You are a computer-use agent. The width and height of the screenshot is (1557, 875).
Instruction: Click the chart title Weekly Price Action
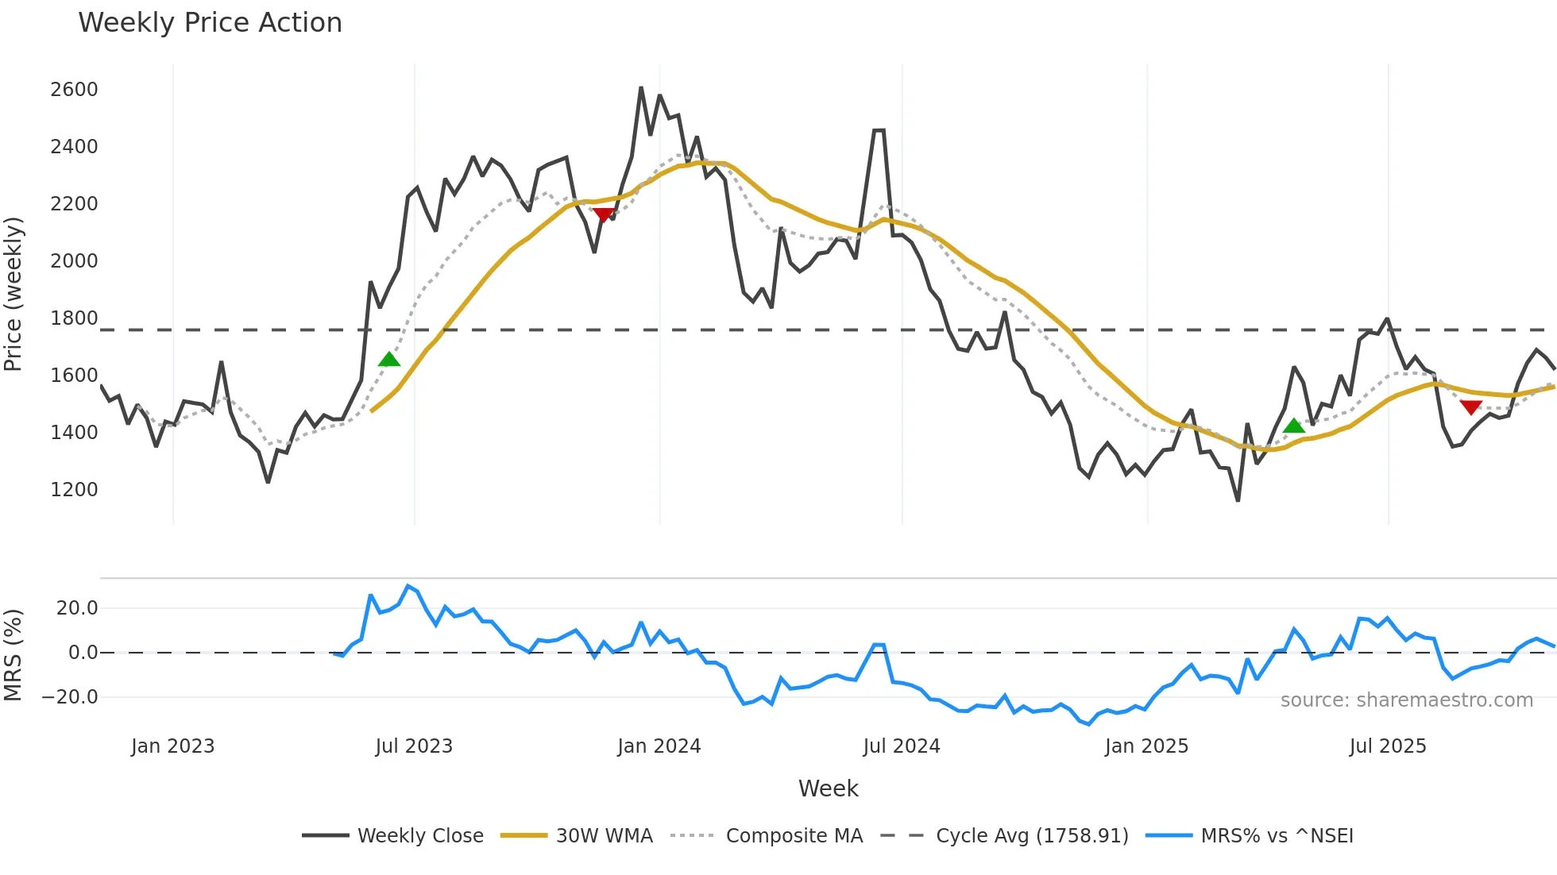point(210,23)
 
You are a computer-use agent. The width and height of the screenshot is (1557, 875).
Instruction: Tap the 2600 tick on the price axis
point(74,90)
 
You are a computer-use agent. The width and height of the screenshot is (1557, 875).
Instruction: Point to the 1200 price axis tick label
point(74,490)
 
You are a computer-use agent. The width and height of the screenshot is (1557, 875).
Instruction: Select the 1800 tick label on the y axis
point(74,318)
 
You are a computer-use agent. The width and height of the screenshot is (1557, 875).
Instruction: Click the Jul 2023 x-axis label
point(414,746)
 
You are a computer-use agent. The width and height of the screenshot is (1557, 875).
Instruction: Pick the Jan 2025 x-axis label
point(1146,746)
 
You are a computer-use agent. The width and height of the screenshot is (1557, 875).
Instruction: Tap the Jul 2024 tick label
point(902,746)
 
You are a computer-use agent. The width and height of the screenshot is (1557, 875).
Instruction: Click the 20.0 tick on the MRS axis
point(77,608)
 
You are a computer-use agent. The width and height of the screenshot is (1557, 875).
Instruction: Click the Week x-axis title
point(828,788)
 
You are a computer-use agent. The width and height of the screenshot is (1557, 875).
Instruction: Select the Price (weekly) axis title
point(14,294)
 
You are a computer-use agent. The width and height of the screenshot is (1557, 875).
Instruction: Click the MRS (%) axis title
point(14,655)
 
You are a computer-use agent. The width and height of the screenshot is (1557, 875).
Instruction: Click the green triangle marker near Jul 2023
point(389,360)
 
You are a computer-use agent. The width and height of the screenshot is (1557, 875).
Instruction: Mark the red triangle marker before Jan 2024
point(603,214)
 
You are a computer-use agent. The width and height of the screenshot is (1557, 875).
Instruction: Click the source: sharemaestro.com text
point(1406,700)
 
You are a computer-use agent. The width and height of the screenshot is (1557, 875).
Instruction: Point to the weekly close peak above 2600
point(641,88)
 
